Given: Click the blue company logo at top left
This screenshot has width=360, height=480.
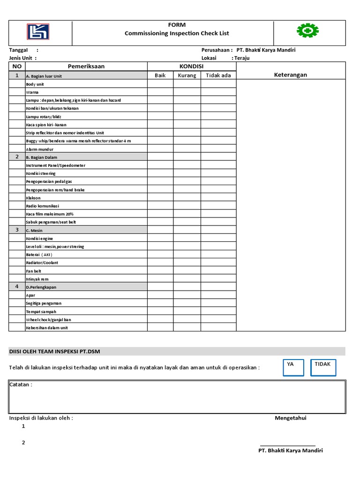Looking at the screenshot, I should [x=38, y=32].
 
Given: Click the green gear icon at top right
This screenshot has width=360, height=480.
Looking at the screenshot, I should [x=307, y=31].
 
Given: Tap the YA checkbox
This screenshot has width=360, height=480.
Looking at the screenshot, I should [x=293, y=368].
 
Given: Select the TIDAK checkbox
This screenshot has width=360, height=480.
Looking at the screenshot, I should [x=323, y=368].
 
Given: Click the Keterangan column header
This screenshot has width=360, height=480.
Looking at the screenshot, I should [x=291, y=75].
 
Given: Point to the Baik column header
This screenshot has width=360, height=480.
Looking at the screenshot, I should [x=160, y=75].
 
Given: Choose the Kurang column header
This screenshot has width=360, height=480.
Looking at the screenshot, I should [x=187, y=75].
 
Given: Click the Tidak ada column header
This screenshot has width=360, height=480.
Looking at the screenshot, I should [x=218, y=75].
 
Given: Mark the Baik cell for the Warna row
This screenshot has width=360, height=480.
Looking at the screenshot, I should [x=160, y=92].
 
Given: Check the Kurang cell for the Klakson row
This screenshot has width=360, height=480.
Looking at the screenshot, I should [x=187, y=198].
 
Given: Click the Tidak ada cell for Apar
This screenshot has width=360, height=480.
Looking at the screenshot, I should [x=218, y=295].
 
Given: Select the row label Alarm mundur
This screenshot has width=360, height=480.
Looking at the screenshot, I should [x=40, y=149].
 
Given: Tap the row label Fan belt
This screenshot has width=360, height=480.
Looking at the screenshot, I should [x=34, y=271].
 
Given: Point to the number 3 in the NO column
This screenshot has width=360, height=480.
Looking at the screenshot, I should [x=17, y=230].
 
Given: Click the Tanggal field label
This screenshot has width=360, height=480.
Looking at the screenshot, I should [x=19, y=50].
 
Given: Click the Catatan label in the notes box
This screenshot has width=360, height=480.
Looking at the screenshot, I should [x=21, y=385].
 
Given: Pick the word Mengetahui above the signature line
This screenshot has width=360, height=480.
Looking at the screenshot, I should [x=291, y=418].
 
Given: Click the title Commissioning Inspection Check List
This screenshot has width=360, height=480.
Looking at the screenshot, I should [x=177, y=33].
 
